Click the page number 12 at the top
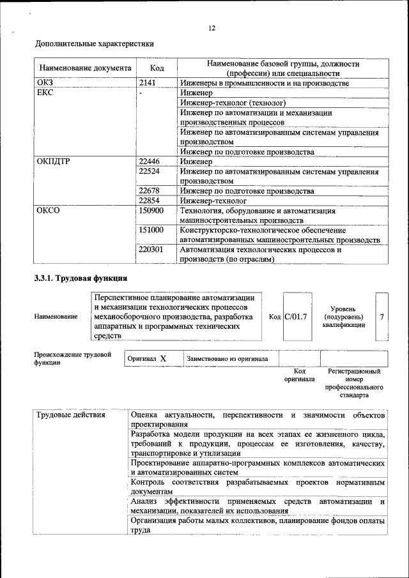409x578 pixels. pyautogui.click(x=212, y=27)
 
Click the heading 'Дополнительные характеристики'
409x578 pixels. pyautogui.click(x=94, y=44)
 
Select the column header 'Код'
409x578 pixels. pyautogui.click(x=157, y=68)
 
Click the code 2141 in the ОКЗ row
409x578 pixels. pyautogui.click(x=148, y=83)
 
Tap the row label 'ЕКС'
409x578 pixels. pyautogui.click(x=45, y=93)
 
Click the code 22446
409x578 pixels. pyautogui.click(x=149, y=162)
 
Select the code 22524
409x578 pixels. pyautogui.click(x=149, y=171)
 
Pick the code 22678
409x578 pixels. pyautogui.click(x=149, y=190)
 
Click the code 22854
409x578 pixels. pyautogui.click(x=149, y=200)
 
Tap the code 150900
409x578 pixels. pyautogui.click(x=151, y=210)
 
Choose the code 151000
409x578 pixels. pyautogui.click(x=151, y=229)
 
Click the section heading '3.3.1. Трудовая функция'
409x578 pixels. pyautogui.click(x=81, y=278)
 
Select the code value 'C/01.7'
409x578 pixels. pyautogui.click(x=296, y=316)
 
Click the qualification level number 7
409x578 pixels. pyautogui.click(x=382, y=316)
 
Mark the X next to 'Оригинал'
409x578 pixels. pyautogui.click(x=163, y=359)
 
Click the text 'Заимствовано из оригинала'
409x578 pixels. pyautogui.click(x=228, y=359)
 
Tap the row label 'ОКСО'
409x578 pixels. pyautogui.click(x=48, y=210)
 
